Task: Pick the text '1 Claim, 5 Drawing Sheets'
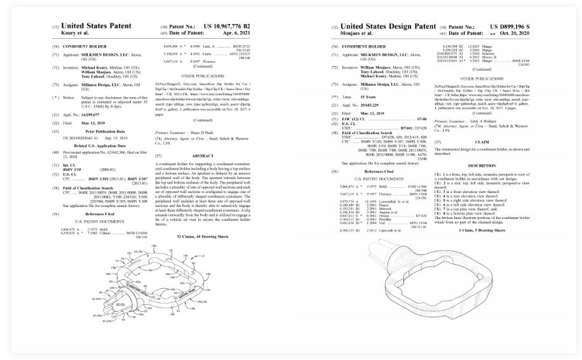(x=482, y=230)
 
